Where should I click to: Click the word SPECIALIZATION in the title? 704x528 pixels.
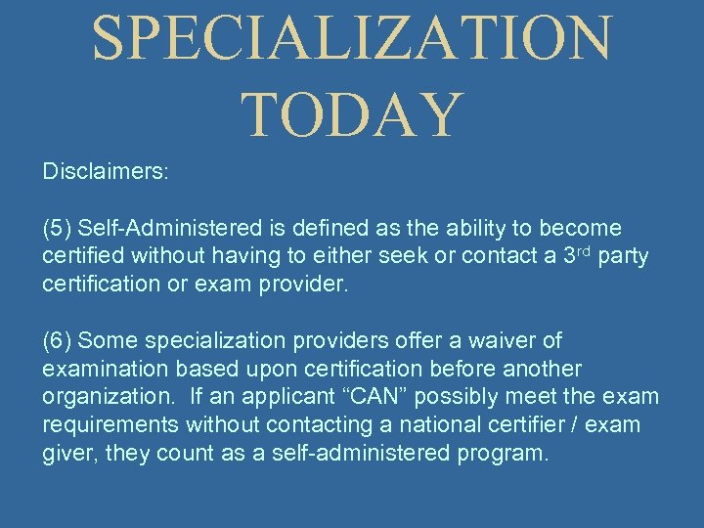pyautogui.click(x=352, y=39)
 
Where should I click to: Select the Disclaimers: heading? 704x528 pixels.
pyautogui.click(x=106, y=171)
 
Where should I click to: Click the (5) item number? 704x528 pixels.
pyautogui.click(x=58, y=228)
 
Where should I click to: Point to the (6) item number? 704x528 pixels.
pyautogui.click(x=58, y=340)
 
